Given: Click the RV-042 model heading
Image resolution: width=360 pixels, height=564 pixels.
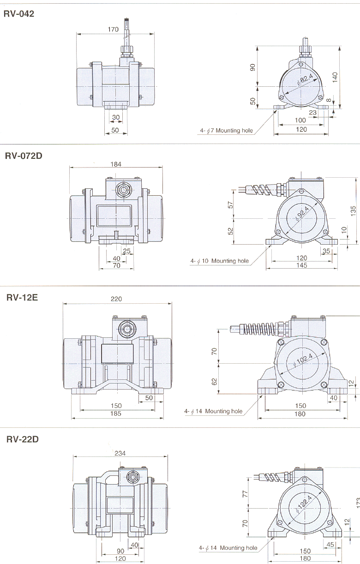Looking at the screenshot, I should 19,14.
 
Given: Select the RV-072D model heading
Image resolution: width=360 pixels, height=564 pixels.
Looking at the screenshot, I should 24,156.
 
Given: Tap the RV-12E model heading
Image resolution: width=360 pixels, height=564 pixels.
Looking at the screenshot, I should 22,297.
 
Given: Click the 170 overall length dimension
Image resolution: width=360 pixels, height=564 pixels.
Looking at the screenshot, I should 113,30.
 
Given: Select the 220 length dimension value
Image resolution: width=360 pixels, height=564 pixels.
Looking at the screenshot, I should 116,299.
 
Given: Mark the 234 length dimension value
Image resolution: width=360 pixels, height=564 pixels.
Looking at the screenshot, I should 120,453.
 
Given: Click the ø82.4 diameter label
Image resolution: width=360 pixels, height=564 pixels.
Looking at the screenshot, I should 305,81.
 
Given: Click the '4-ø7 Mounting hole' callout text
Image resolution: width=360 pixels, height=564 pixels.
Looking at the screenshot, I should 227,131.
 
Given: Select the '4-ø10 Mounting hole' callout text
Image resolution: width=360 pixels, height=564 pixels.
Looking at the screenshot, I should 220,261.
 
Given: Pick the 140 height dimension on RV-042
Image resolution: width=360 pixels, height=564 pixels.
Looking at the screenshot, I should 336,77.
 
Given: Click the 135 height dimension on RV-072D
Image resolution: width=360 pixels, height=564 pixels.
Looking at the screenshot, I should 353,210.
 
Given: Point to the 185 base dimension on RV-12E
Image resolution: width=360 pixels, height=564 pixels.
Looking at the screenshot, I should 116,414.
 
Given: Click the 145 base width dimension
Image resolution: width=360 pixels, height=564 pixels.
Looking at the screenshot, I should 301,265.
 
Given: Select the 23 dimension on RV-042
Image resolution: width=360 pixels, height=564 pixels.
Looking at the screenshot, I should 312,112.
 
